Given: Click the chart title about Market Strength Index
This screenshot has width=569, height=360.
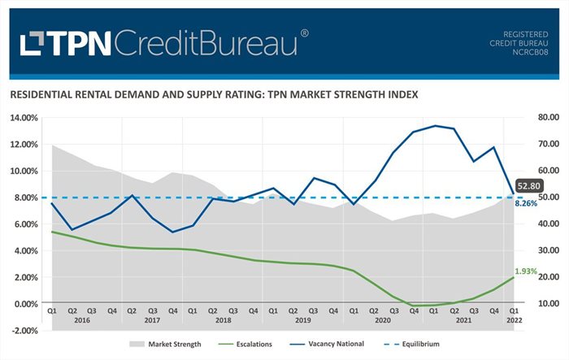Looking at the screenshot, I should click(x=214, y=94).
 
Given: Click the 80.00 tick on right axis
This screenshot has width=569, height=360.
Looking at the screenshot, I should click(x=543, y=118).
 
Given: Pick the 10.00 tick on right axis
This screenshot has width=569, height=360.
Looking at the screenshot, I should click(x=543, y=304).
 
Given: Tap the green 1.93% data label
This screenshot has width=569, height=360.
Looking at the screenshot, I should click(x=526, y=271).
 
